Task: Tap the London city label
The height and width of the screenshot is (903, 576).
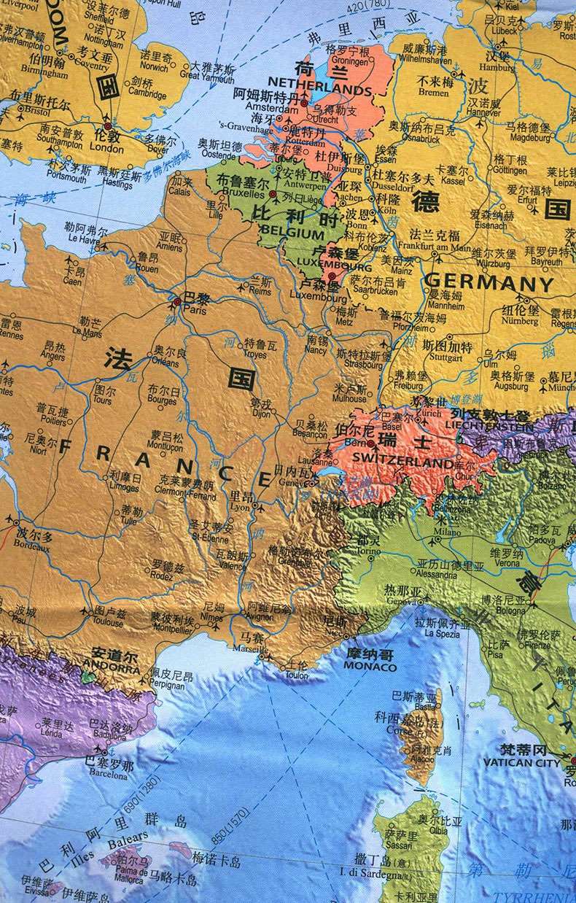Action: [x=106, y=147]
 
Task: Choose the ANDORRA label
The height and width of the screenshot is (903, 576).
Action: [x=111, y=665]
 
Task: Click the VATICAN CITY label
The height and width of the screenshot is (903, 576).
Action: [x=521, y=763]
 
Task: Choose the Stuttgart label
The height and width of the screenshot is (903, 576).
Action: [x=443, y=358]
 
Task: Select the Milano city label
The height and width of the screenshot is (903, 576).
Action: [x=444, y=532]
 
